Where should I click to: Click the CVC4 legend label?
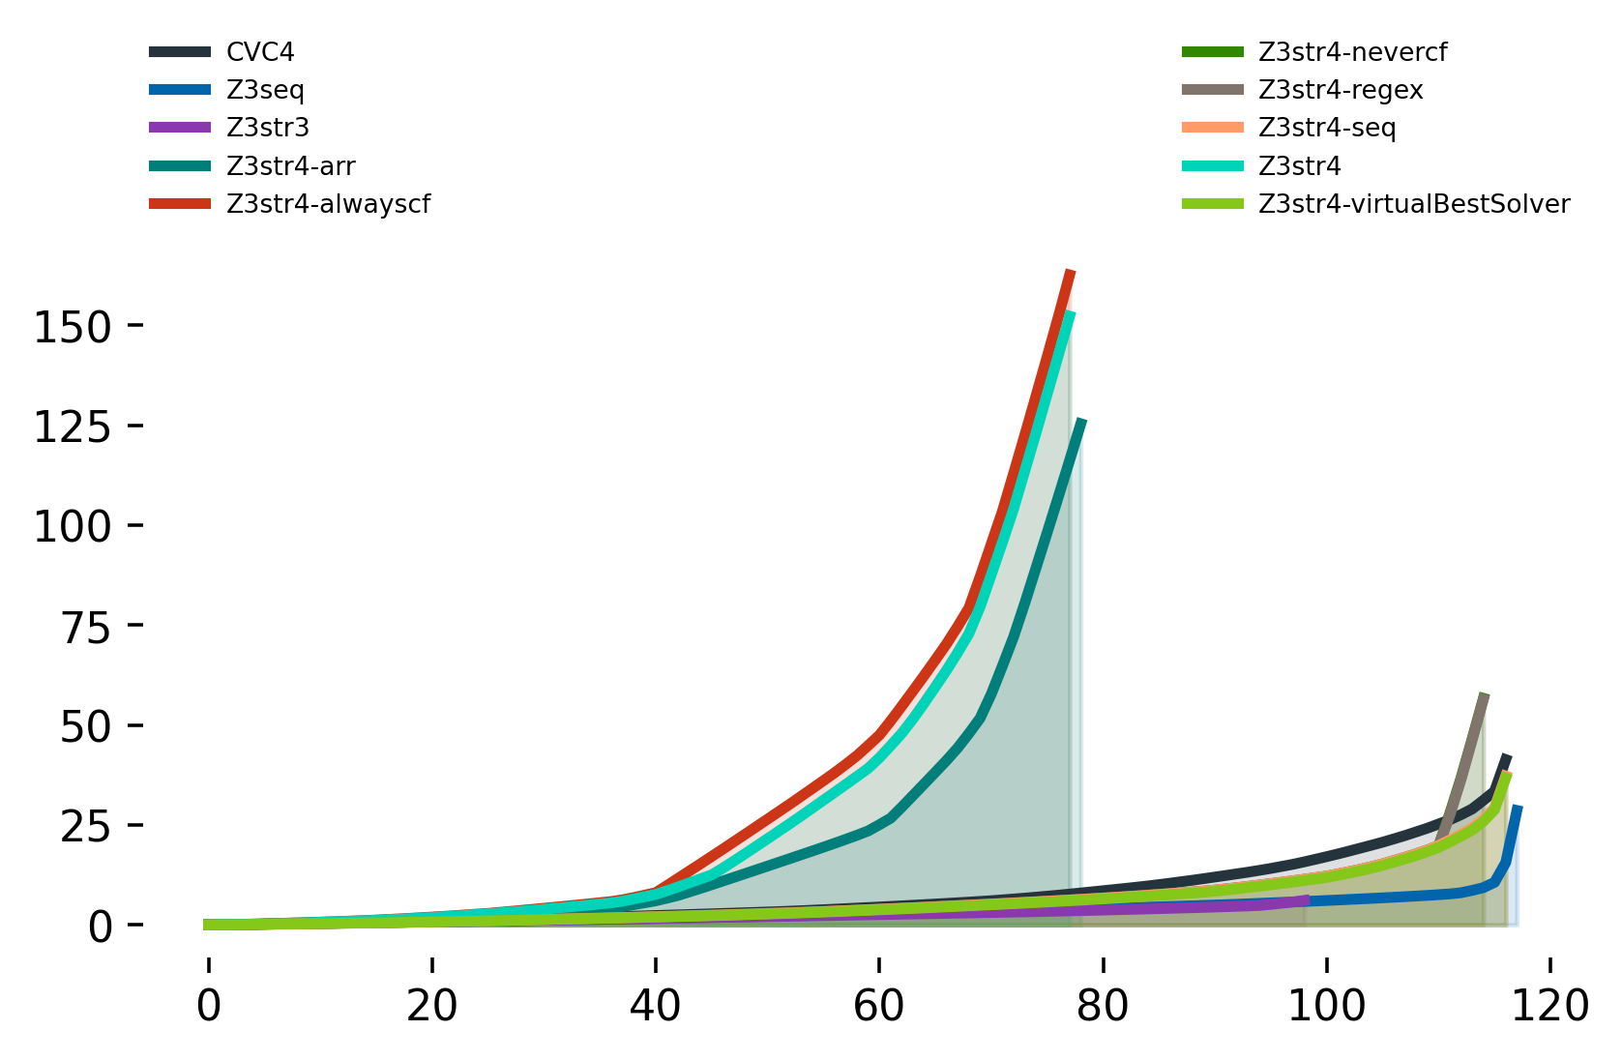[260, 52]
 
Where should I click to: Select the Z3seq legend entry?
[265, 90]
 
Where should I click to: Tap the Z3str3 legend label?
[268, 128]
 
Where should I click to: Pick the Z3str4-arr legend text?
[291, 165]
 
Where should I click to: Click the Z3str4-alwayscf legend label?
[329, 204]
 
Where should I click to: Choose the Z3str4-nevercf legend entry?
[1352, 52]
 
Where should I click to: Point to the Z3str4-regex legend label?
[1342, 90]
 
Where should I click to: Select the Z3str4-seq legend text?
[1327, 128]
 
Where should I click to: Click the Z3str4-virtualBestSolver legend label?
[1414, 204]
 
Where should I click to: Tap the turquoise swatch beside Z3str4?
[1213, 165]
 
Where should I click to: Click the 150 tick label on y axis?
[74, 327]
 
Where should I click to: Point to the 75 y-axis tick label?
[86, 628]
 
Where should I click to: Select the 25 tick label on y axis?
[86, 828]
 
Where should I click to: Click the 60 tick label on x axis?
[878, 1007]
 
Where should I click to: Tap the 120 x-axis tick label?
[1549, 1007]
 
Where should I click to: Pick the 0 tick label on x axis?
[209, 1007]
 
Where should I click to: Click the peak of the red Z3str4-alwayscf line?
[1071, 271]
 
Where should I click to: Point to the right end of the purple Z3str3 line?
[1309, 899]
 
